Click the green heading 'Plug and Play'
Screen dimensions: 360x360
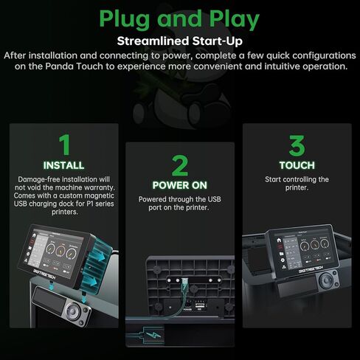coord(179,20)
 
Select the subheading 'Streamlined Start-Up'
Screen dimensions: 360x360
coord(180,41)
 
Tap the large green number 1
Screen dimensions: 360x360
coord(65,145)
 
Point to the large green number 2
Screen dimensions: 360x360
coord(180,165)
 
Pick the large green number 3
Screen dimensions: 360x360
coord(297,145)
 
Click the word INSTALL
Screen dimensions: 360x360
coord(63,165)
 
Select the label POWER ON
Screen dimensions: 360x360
coord(180,185)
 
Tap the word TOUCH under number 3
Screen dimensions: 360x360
coord(297,165)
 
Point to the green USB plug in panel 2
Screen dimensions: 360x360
coord(184,286)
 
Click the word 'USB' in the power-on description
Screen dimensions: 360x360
coord(214,199)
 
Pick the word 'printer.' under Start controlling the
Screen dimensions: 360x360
coord(297,187)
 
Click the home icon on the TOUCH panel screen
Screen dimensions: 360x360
coord(279,240)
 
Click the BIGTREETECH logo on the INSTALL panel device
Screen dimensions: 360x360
coord(44,274)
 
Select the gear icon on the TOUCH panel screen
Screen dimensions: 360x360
coord(283,260)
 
